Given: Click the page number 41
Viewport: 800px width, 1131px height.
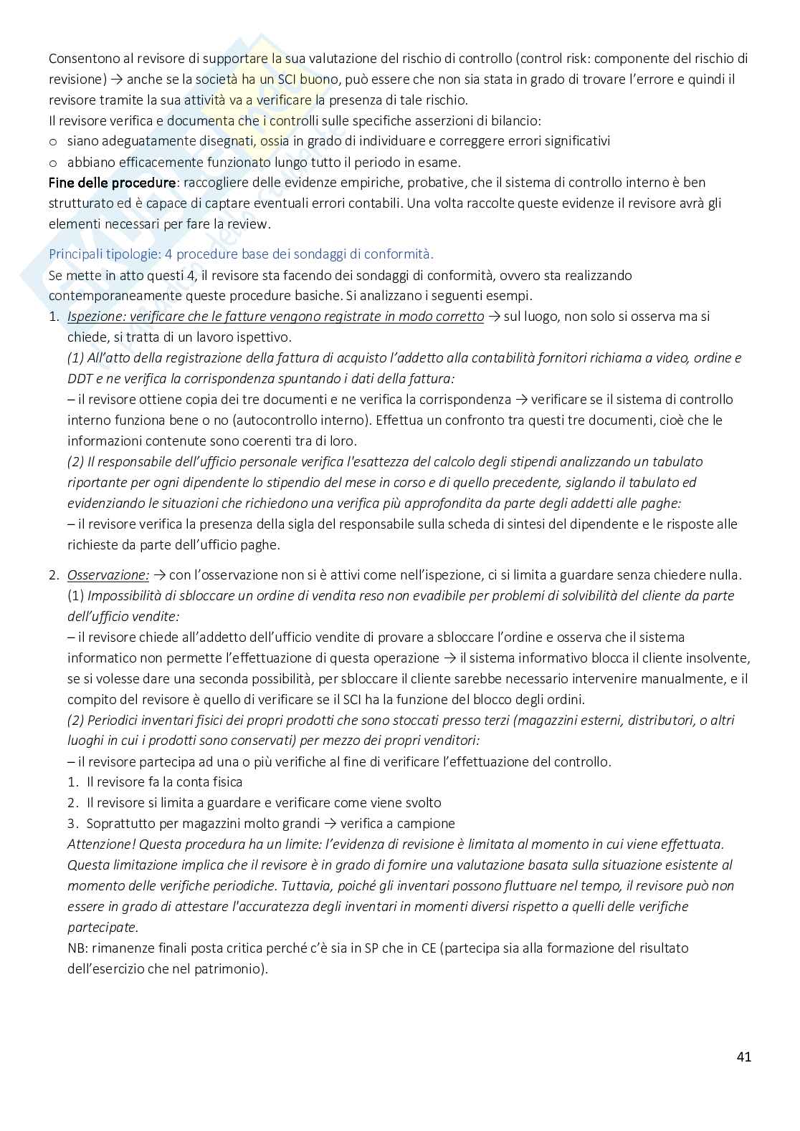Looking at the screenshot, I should point(743,1057).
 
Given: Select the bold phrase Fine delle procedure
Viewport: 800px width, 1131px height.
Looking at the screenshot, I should point(112,183).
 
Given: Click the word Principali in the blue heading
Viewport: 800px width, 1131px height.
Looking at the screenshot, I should point(76,254).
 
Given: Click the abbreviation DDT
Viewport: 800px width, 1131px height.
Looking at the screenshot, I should point(81,379).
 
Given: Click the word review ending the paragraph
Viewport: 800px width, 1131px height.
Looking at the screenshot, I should point(250,224).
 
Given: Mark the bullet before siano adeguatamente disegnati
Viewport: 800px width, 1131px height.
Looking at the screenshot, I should point(53,142).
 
